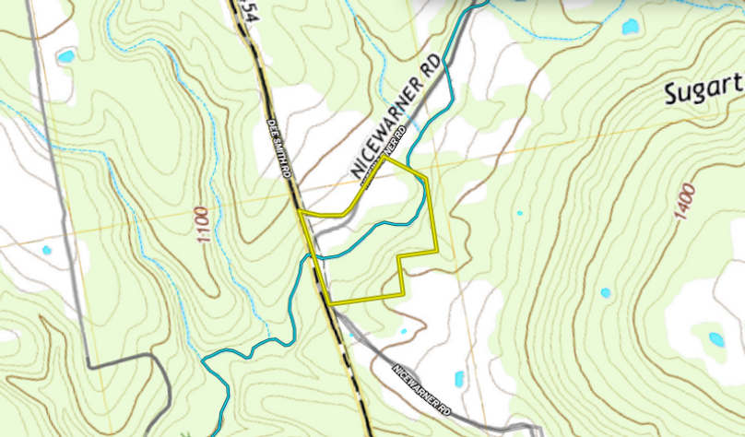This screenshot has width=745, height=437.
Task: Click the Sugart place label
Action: [703, 93]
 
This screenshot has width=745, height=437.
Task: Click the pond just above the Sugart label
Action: [631, 27]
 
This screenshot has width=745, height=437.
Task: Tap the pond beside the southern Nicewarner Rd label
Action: [459, 378]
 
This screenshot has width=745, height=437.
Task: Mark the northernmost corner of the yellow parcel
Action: [387, 157]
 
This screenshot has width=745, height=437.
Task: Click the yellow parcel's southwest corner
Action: [330, 303]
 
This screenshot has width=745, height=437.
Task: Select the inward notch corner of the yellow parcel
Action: [398, 255]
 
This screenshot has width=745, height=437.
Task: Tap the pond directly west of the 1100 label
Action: [47, 249]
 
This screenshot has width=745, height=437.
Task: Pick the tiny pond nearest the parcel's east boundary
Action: [519, 214]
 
